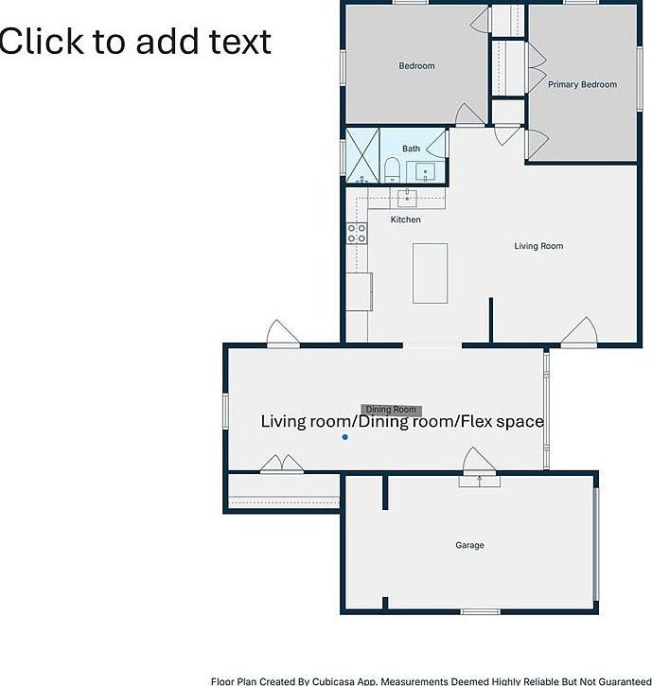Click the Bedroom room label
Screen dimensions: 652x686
416,66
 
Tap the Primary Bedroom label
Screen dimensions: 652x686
582,84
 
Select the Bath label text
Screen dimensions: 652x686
411,149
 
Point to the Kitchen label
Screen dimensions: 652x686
406,220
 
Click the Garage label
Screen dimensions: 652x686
469,545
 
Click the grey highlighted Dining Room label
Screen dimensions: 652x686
391,410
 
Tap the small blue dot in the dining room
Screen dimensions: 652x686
345,436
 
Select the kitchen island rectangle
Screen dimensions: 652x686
431,273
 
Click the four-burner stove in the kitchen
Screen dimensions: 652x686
357,233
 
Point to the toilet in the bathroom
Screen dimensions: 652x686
392,170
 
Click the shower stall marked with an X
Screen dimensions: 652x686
362,156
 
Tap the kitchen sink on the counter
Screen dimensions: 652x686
407,198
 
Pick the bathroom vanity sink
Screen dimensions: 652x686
425,172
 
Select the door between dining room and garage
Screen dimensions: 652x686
479,462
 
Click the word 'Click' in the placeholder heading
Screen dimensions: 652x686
41,42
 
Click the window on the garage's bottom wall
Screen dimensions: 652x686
480,611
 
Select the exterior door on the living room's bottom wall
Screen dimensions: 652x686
579,334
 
